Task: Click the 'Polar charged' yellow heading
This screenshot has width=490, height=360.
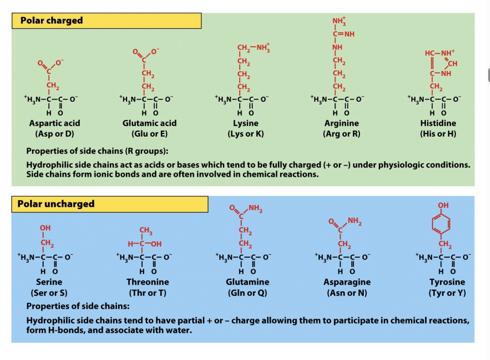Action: pyautogui.click(x=52, y=20)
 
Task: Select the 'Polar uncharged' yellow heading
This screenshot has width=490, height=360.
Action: pyautogui.click(x=56, y=204)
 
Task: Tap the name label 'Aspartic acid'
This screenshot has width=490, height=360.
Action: pyautogui.click(x=54, y=123)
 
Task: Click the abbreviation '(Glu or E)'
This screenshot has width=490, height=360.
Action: pyautogui.click(x=149, y=134)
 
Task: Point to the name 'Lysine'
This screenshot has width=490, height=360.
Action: pyautogui.click(x=246, y=123)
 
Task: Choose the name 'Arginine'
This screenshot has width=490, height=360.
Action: pyautogui.click(x=342, y=123)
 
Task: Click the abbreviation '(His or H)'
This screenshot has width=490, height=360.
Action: pyautogui.click(x=438, y=134)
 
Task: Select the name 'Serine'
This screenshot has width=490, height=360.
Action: pyautogui.click(x=49, y=282)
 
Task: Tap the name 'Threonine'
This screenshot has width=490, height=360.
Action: pyautogui.click(x=148, y=282)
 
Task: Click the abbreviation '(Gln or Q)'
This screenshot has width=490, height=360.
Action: pyautogui.click(x=247, y=293)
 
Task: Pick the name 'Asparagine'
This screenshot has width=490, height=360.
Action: pyautogui.click(x=347, y=282)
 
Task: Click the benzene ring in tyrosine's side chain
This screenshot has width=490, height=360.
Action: pyautogui.click(x=443, y=224)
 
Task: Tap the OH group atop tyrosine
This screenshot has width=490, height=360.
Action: pyautogui.click(x=443, y=205)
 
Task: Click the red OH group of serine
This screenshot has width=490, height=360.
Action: pyautogui.click(x=45, y=227)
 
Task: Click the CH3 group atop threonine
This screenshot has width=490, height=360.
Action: pyautogui.click(x=146, y=230)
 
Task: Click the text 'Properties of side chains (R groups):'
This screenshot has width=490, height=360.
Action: pyautogui.click(x=98, y=151)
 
